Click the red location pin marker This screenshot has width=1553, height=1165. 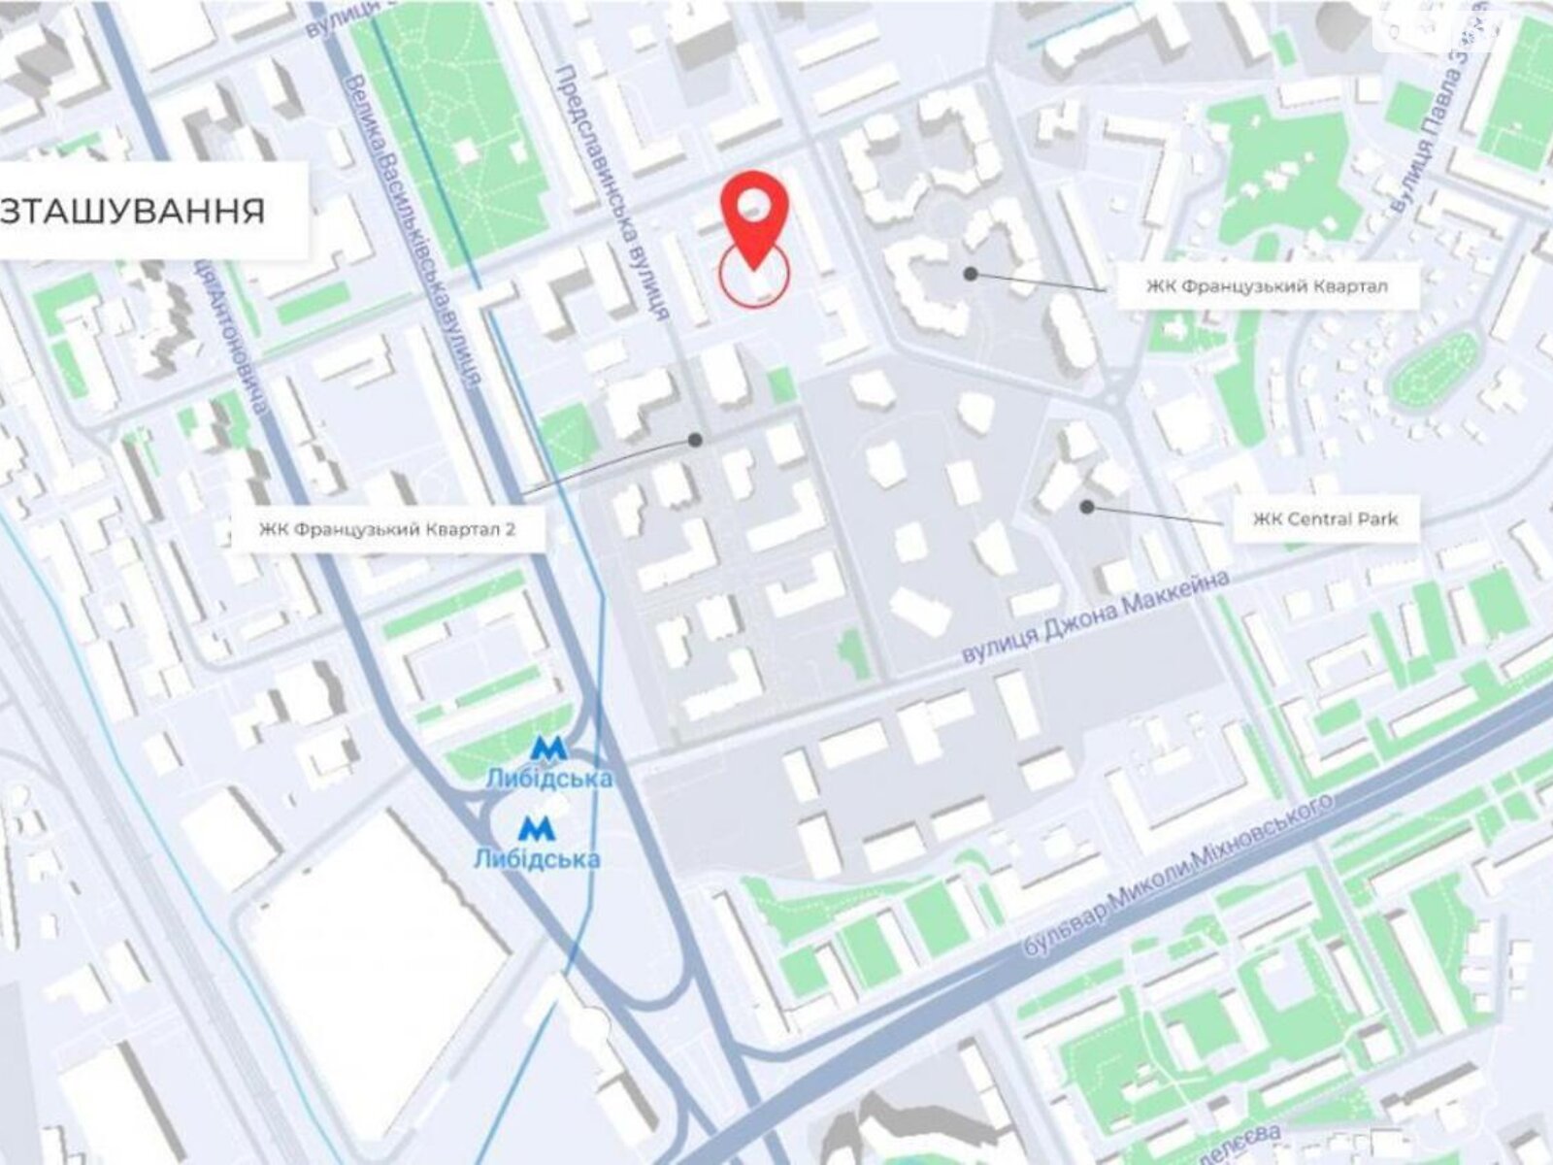pyautogui.click(x=754, y=218)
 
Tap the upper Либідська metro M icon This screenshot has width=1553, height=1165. pyautogui.click(x=547, y=749)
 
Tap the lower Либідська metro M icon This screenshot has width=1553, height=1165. pyautogui.click(x=536, y=828)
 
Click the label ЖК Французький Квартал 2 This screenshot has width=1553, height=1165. pyautogui.click(x=387, y=530)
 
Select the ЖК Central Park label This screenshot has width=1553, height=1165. pyautogui.click(x=1325, y=519)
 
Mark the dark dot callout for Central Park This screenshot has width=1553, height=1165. pyautogui.click(x=1087, y=507)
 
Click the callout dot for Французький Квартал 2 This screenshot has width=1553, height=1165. pyautogui.click(x=695, y=440)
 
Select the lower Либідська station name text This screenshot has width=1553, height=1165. pyautogui.click(x=537, y=858)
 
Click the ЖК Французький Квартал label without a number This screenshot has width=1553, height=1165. pyautogui.click(x=1266, y=286)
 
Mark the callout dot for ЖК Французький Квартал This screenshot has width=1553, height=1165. pyautogui.click(x=970, y=274)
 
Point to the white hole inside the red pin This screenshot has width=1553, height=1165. pyautogui.click(x=754, y=204)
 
